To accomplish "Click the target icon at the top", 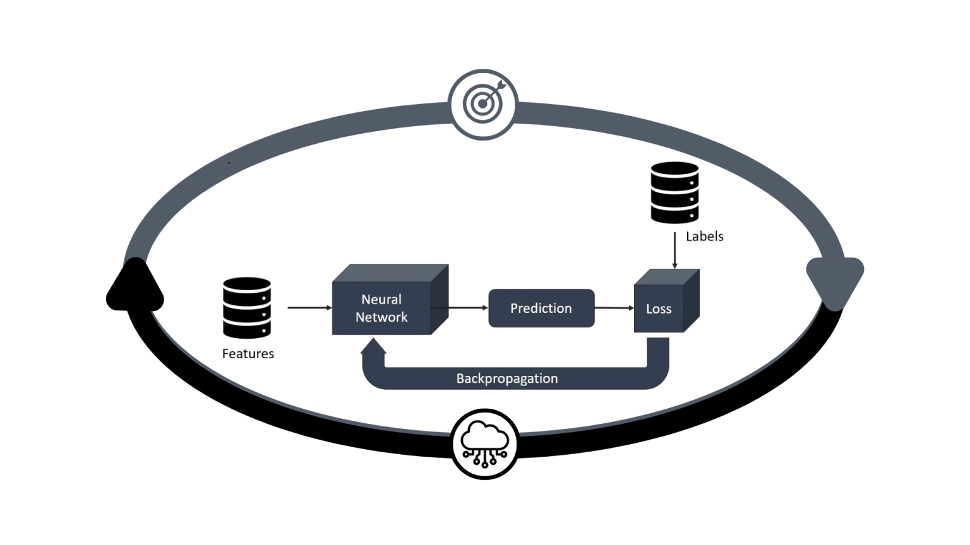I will pyautogui.click(x=483, y=104).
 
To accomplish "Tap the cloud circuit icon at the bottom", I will pyautogui.click(x=484, y=444).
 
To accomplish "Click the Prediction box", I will pyautogui.click(x=541, y=308).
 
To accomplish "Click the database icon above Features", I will pyautogui.click(x=247, y=307).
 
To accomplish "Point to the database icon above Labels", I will pyautogui.click(x=674, y=192).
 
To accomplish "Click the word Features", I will pyautogui.click(x=248, y=354).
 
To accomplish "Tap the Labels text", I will pyautogui.click(x=704, y=237).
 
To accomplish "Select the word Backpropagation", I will pyautogui.click(x=506, y=378).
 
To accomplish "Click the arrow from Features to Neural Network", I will pyautogui.click(x=309, y=308).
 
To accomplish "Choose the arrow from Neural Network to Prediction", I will pyautogui.click(x=467, y=308).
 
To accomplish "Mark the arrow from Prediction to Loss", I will pyautogui.click(x=614, y=308).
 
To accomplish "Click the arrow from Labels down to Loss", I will pyautogui.click(x=674, y=250).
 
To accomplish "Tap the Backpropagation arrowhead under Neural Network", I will pyautogui.click(x=374, y=346).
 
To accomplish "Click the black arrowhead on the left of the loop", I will pyautogui.click(x=135, y=287).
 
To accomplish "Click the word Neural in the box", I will pyautogui.click(x=381, y=300).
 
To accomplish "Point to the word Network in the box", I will pyautogui.click(x=381, y=317).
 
